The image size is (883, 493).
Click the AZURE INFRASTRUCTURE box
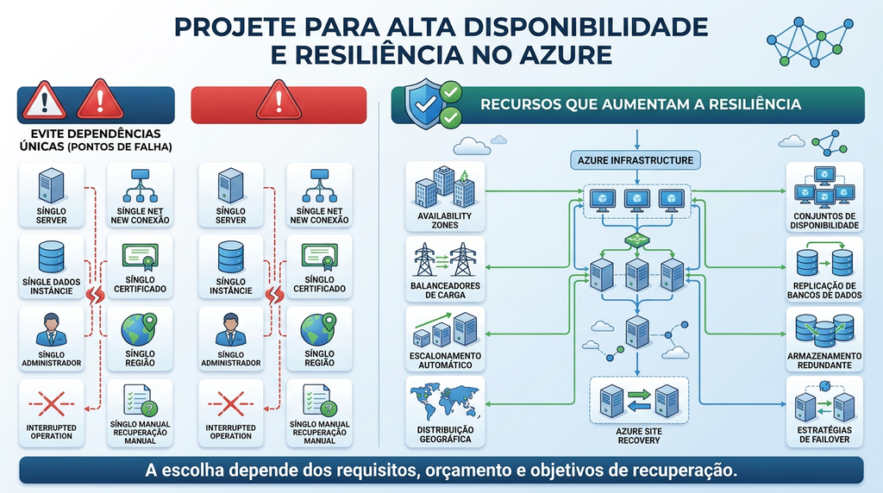pyautogui.click(x=636, y=160)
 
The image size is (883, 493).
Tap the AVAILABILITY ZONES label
pyautogui.click(x=445, y=221)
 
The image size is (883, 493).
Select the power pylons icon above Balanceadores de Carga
pyautogui.click(x=445, y=259)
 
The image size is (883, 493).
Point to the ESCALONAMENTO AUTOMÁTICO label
pyautogui.click(x=445, y=360)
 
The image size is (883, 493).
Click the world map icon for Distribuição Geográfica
pyautogui.click(x=445, y=401)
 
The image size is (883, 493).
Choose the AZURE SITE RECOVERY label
pyautogui.click(x=639, y=435)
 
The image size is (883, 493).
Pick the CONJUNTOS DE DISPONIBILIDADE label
pyautogui.click(x=824, y=221)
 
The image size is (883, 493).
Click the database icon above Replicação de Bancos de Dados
pyautogui.click(x=824, y=260)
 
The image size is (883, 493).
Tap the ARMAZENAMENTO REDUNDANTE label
pyautogui.click(x=824, y=360)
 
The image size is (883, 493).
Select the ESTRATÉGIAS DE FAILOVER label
pyautogui.click(x=824, y=434)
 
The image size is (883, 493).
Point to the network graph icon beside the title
pyautogui.click(x=810, y=41)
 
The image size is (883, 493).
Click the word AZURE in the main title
pyautogui.click(x=566, y=55)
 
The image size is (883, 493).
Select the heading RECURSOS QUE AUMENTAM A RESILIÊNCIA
pyautogui.click(x=641, y=104)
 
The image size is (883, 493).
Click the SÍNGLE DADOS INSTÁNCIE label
pyautogui.click(x=51, y=286)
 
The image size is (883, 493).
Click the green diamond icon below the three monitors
pyautogui.click(x=637, y=240)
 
